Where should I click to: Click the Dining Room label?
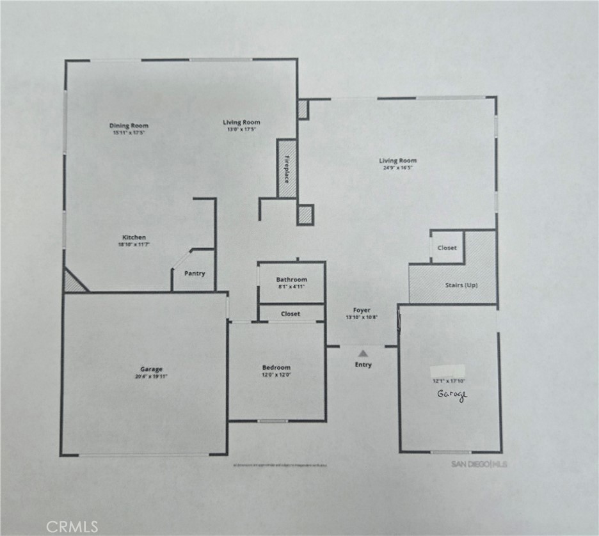pos(129,125)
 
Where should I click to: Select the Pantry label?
pos(195,274)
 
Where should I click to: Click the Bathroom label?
pos(291,280)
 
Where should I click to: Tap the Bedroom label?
pos(276,368)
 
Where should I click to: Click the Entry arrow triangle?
pos(363,352)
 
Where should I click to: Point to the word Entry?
pos(362,365)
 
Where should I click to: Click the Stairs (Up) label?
pos(462,285)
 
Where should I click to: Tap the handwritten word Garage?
pos(452,395)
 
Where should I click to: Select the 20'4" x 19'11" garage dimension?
pos(152,377)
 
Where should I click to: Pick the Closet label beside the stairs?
pos(447,248)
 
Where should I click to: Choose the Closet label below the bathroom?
pos(291,314)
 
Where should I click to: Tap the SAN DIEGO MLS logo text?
pos(470,463)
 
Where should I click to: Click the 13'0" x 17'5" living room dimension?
pos(241,129)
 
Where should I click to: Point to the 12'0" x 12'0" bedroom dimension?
pos(276,375)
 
